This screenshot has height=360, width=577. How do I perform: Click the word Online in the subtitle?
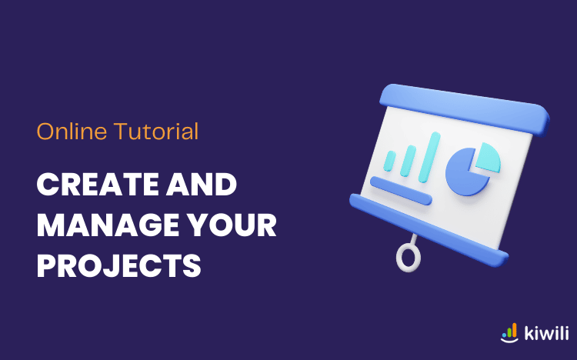pyautogui.click(x=72, y=131)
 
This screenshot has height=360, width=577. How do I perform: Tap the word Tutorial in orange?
pyautogui.click(x=156, y=131)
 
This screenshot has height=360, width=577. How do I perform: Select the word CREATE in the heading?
pyautogui.click(x=98, y=185)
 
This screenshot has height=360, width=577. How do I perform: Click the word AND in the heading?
pyautogui.click(x=202, y=185)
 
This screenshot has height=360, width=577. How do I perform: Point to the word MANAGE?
pyautogui.click(x=108, y=225)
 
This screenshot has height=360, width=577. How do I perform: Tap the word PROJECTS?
pyautogui.click(x=118, y=265)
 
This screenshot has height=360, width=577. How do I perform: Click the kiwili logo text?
pyautogui.click(x=546, y=333)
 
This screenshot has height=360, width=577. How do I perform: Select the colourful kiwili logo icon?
pyautogui.click(x=509, y=333)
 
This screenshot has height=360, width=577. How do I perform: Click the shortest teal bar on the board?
pyautogui.click(x=389, y=161)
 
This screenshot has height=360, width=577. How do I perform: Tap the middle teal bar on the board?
pyautogui.click(x=408, y=161)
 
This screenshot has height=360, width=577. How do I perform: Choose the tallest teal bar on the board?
pyautogui.click(x=429, y=157)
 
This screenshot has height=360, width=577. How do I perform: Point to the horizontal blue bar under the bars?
pyautogui.click(x=401, y=190)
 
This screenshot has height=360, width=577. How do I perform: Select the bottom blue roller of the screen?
pyautogui.click(x=429, y=230)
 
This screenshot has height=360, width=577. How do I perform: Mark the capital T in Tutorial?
pyautogui.click(x=121, y=131)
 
